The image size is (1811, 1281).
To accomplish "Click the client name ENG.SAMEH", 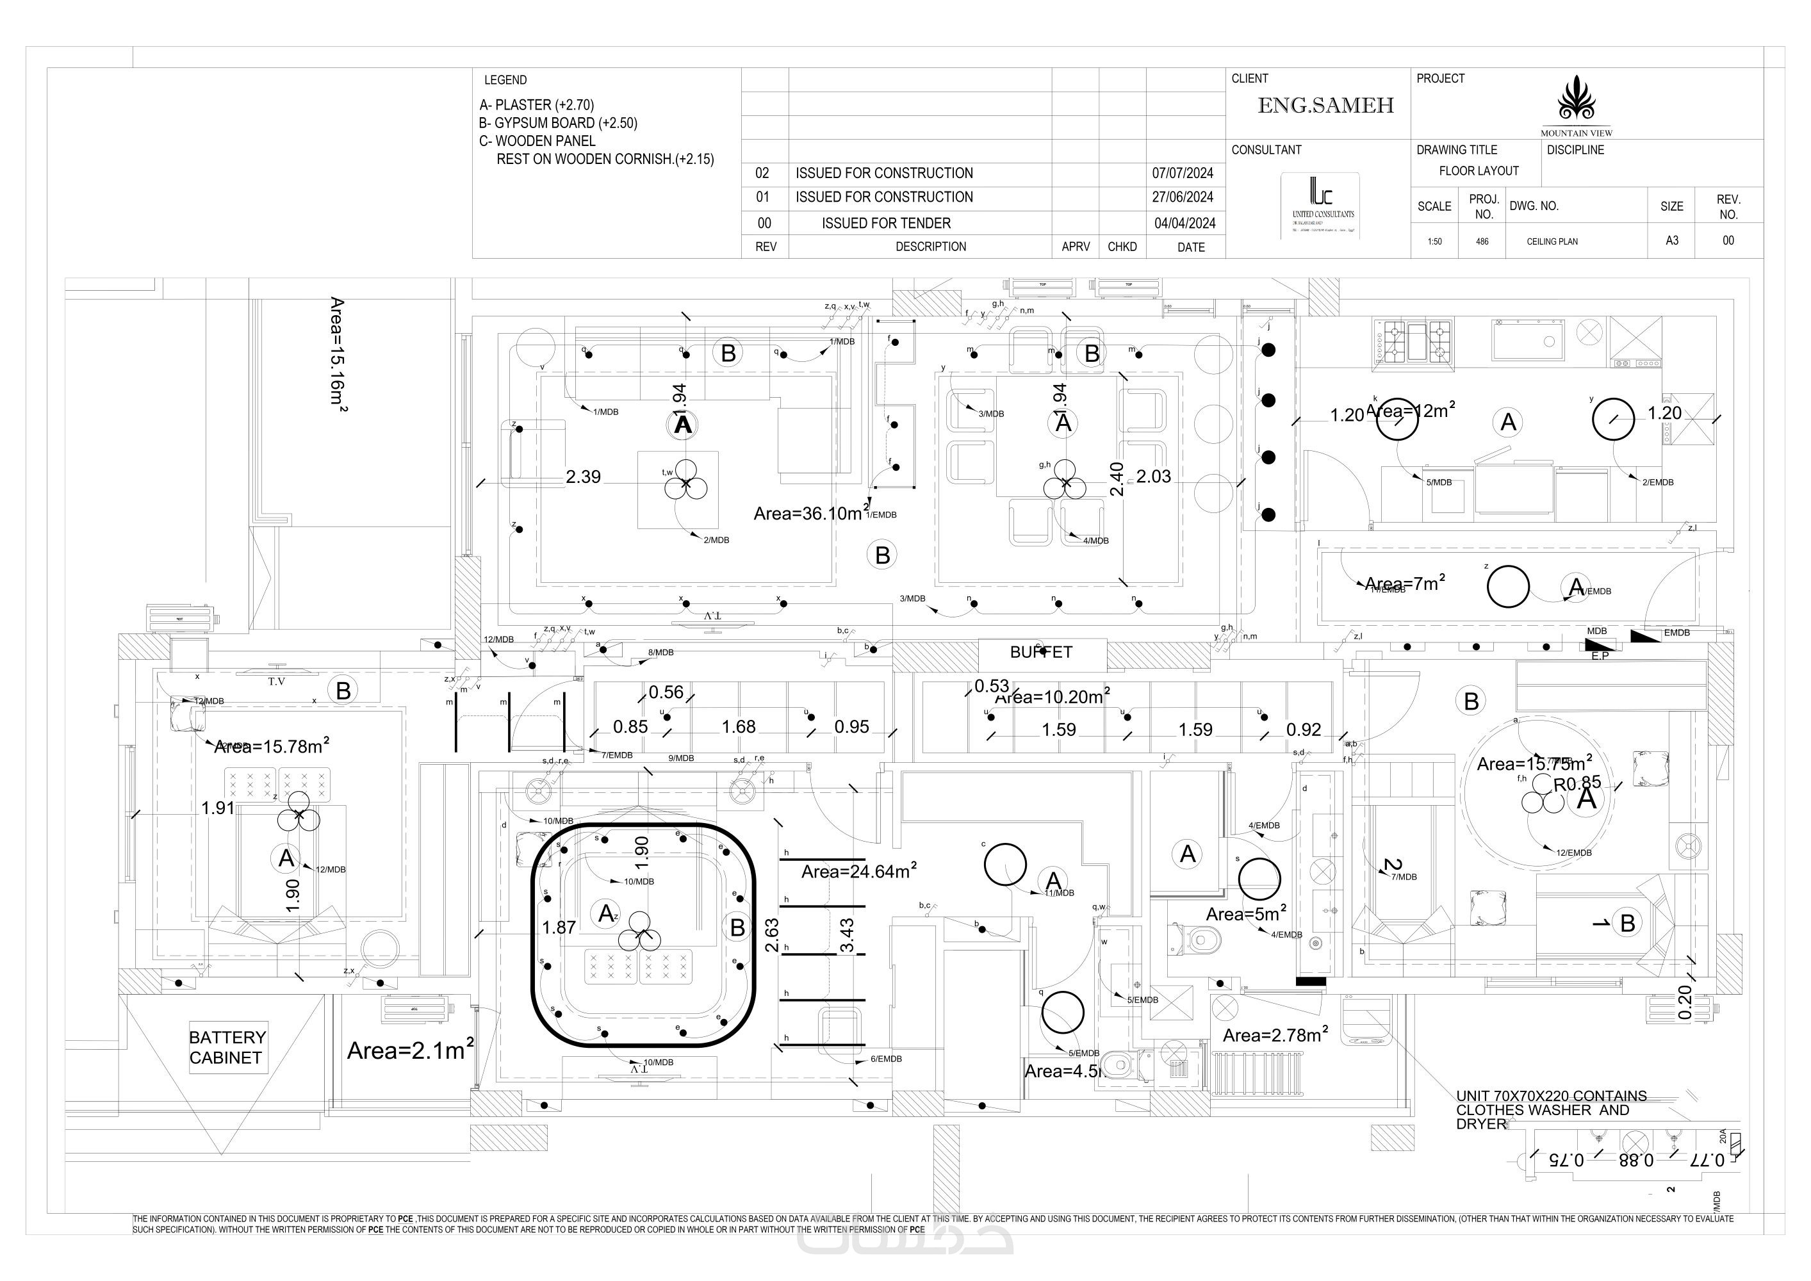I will tap(1325, 106).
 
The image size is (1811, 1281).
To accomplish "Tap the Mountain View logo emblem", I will tap(1576, 99).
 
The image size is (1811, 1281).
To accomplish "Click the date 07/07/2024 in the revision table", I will tap(1183, 174).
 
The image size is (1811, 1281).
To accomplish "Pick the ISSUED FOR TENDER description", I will tap(886, 224).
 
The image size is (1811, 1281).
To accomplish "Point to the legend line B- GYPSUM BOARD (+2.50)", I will tap(559, 123).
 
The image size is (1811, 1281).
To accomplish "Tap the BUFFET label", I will tap(1041, 652).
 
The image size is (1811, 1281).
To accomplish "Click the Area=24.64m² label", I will tap(859, 872).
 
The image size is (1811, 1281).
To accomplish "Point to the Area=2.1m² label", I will tap(410, 1050).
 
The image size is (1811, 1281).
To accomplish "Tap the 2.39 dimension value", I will tap(583, 477).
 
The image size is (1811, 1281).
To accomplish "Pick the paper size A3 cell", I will tap(1671, 241).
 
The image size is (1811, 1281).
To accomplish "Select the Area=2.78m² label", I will tap(1275, 1035).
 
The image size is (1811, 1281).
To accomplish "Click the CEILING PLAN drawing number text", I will tap(1552, 241).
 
